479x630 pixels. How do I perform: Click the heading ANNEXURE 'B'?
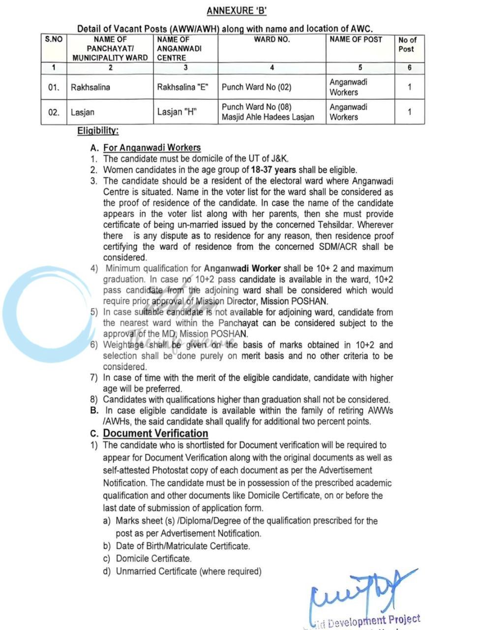[x=237, y=11]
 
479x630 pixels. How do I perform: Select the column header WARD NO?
[x=271, y=39]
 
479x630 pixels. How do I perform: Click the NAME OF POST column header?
[x=356, y=39]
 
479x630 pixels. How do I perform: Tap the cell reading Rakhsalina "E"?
[x=183, y=88]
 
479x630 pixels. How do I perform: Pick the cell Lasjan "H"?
[x=177, y=112]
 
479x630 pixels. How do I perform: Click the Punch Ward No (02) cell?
[x=256, y=88]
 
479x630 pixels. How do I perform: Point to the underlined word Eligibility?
[x=98, y=131]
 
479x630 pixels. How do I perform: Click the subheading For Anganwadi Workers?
[x=152, y=148]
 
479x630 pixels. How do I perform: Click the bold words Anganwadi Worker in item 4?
[x=242, y=269]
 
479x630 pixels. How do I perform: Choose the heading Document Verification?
[x=155, y=434]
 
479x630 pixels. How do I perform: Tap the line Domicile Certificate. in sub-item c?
[x=153, y=559]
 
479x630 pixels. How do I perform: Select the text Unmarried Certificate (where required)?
[x=188, y=571]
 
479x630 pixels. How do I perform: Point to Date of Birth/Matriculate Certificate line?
[x=182, y=546]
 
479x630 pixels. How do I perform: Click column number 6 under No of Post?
[x=409, y=68]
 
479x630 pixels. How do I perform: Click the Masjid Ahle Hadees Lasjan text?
[x=268, y=117]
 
